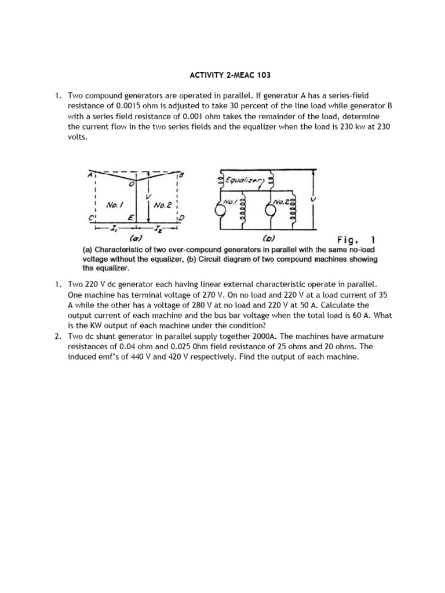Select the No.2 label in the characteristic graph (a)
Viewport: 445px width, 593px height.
click(161, 204)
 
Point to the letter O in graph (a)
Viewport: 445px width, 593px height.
click(131, 184)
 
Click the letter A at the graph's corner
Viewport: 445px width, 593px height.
click(89, 173)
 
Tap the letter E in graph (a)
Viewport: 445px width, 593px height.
click(131, 216)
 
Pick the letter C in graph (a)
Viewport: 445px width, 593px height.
click(90, 218)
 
